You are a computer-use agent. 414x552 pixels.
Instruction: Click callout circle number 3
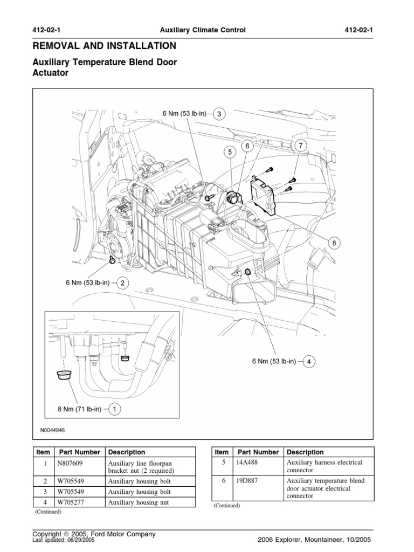(219, 114)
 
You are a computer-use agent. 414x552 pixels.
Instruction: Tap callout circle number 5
(230, 153)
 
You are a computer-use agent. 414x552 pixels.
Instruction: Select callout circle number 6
(247, 146)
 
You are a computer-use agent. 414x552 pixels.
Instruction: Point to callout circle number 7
(300, 145)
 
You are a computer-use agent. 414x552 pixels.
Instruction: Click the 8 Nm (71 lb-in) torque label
(79, 409)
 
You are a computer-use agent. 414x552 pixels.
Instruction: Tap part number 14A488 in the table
(249, 463)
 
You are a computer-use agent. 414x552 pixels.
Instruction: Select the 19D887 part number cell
(249, 481)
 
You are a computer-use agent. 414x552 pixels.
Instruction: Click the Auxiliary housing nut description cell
(139, 502)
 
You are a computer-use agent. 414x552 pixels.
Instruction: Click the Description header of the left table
(127, 452)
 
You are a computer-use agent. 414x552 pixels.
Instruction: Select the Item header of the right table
(222, 452)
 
